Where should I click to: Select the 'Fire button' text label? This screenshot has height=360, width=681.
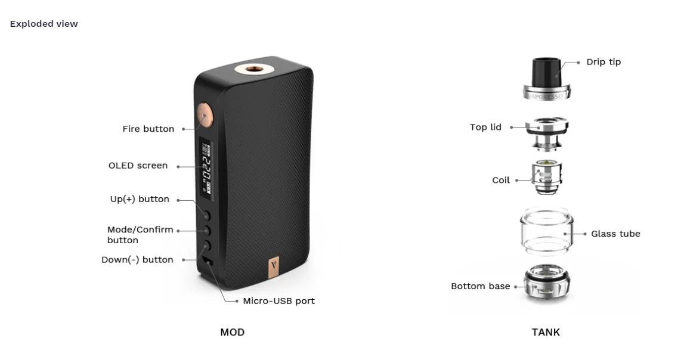pyautogui.click(x=148, y=129)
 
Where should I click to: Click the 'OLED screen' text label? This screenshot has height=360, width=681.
pyautogui.click(x=138, y=166)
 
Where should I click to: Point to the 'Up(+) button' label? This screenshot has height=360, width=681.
pyautogui.click(x=140, y=199)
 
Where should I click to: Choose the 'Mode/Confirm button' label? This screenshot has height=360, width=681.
pyautogui.click(x=140, y=235)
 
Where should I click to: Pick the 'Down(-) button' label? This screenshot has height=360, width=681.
pyautogui.click(x=137, y=260)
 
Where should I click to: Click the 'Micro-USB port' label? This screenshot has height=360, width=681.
pyautogui.click(x=278, y=301)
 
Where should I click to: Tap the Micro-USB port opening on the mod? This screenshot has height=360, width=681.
pyautogui.click(x=208, y=262)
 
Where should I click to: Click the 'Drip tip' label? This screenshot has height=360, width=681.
pyautogui.click(x=603, y=62)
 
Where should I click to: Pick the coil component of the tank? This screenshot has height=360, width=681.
pyautogui.click(x=546, y=177)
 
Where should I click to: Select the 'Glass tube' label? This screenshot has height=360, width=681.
pyautogui.click(x=615, y=234)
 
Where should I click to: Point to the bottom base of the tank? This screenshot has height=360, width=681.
pyautogui.click(x=546, y=285)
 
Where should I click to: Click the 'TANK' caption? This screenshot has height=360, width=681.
pyautogui.click(x=546, y=332)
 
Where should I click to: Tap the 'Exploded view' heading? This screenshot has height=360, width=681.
pyautogui.click(x=44, y=24)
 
